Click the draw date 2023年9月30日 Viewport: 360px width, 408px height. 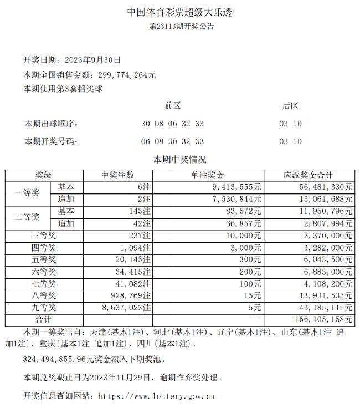pos(93,60)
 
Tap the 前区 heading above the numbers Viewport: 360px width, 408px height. pos(172,105)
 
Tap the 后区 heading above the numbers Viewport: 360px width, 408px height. pos(290,105)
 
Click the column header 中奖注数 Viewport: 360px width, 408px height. pos(117,175)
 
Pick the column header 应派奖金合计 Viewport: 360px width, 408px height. pos(308,175)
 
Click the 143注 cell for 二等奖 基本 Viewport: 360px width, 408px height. pos(138,211)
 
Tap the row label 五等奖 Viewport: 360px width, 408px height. pos(44,259)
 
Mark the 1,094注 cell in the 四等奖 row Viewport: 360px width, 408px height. pos(133,247)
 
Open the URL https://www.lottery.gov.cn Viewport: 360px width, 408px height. pos(156,396)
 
